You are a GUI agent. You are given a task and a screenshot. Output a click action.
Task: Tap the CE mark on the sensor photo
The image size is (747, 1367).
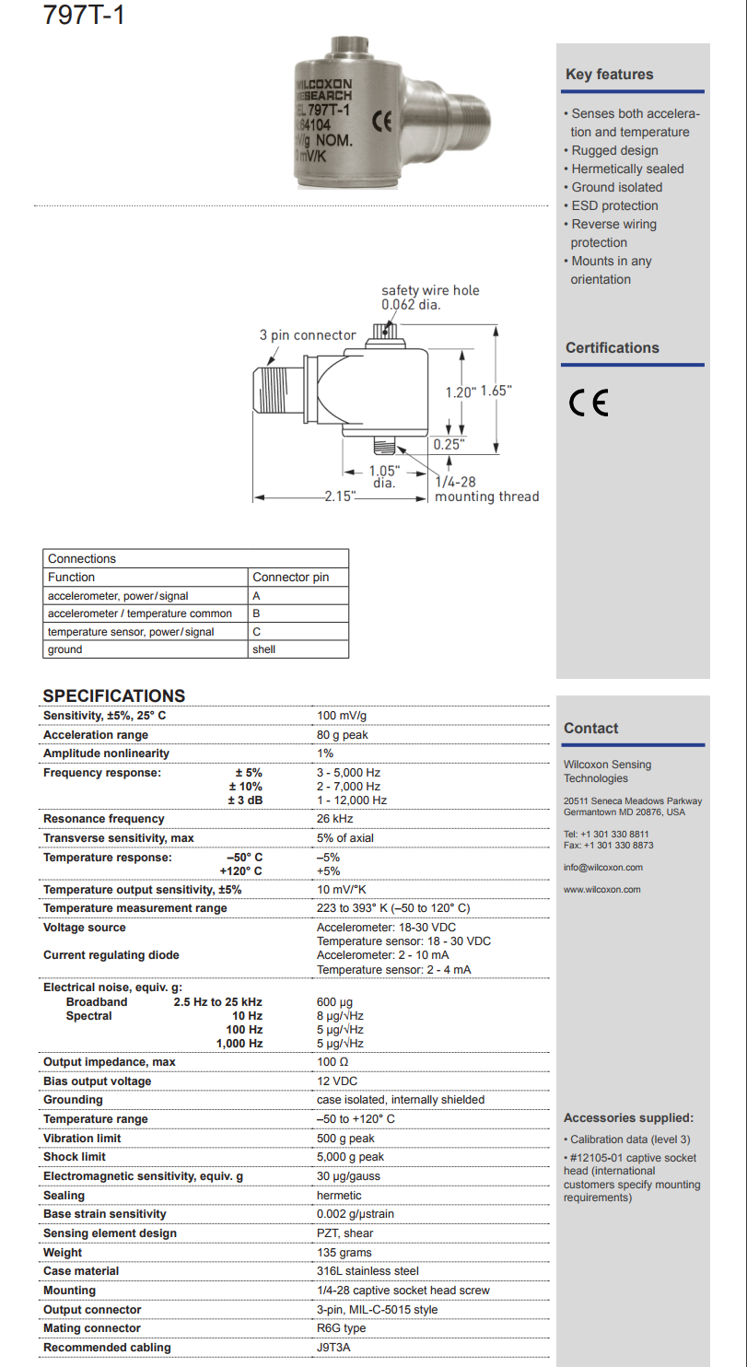coord(382,120)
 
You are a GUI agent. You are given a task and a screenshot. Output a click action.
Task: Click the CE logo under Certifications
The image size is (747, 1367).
coord(589,403)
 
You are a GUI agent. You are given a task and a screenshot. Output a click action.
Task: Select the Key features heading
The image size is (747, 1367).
coord(609,75)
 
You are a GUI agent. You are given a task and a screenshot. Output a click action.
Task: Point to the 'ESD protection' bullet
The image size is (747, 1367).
coord(614,205)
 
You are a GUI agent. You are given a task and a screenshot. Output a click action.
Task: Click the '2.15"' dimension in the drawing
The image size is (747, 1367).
coord(340,497)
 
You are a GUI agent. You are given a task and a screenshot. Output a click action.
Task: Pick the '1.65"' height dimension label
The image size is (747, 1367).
coord(496,391)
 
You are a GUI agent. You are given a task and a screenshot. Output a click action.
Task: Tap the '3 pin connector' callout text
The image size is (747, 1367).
coord(307,335)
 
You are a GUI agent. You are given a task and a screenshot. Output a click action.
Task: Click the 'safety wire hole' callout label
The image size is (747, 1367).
coord(430,290)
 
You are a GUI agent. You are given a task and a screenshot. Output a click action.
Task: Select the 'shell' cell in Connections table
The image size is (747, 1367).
coord(263,649)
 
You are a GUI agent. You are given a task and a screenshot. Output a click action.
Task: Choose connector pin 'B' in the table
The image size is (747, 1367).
coord(256,613)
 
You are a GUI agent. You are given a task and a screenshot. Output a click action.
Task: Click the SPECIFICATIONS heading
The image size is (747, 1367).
coord(114,695)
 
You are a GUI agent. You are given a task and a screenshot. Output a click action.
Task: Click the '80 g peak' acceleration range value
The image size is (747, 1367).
coord(343,735)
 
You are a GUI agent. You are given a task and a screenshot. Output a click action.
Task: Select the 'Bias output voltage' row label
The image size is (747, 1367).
coord(97,1081)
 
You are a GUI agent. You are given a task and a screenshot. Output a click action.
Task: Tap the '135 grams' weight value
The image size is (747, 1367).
coord(344,1253)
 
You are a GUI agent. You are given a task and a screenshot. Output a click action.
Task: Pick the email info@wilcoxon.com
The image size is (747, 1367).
coord(603,867)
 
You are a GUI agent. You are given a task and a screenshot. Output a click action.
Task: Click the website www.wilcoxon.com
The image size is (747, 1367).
coord(601,889)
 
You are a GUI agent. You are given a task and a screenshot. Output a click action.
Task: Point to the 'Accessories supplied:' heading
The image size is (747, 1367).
coord(628,1118)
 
